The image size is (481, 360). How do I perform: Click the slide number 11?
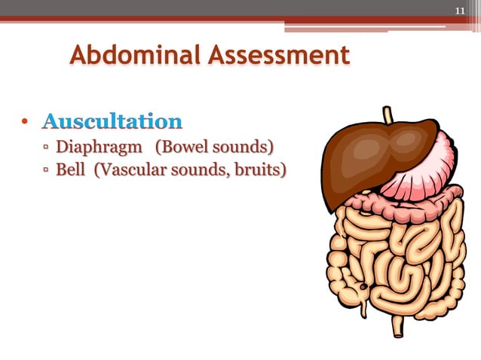(460, 11)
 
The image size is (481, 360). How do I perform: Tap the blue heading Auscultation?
(112, 121)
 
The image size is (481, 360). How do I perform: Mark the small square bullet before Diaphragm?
(47, 146)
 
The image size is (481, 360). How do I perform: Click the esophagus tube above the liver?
(388, 116)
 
